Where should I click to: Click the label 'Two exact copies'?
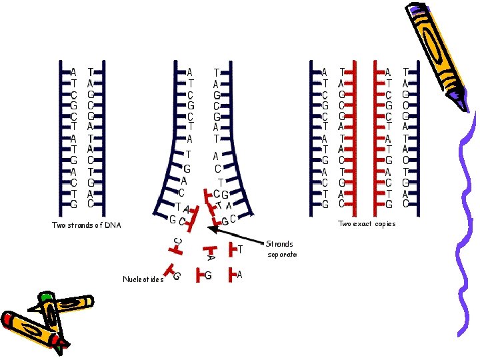tap(367, 224)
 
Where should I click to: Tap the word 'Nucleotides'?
tap(143, 279)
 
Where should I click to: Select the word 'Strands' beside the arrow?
tap(279, 244)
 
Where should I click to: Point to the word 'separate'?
tap(282, 255)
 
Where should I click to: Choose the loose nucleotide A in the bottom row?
tap(235, 274)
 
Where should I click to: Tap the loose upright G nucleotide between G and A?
tap(204, 274)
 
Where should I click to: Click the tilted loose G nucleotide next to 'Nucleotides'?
tap(175, 273)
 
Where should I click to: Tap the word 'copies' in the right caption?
tap(384, 224)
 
